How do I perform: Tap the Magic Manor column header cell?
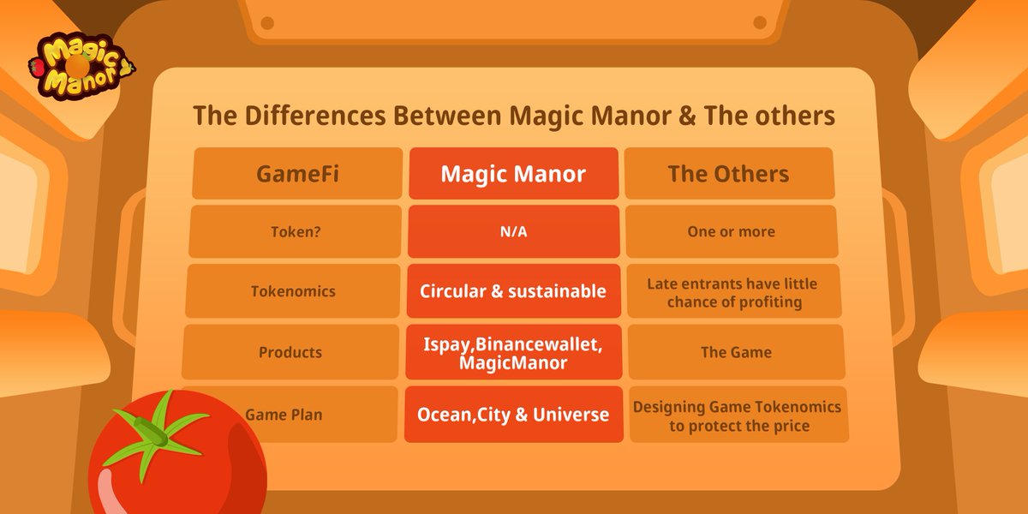(x=513, y=174)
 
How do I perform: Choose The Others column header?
(x=728, y=174)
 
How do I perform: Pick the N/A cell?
(x=513, y=231)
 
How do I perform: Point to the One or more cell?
(x=731, y=231)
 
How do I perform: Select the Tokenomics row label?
(x=294, y=291)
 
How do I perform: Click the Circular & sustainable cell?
(x=513, y=291)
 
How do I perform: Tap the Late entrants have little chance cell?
(x=732, y=291)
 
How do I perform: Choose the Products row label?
(x=290, y=352)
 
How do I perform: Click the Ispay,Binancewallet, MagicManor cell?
(x=513, y=352)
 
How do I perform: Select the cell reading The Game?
(x=735, y=352)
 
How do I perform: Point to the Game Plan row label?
(x=283, y=414)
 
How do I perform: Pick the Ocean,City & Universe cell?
(x=513, y=414)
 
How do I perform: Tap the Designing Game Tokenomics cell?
(x=738, y=415)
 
